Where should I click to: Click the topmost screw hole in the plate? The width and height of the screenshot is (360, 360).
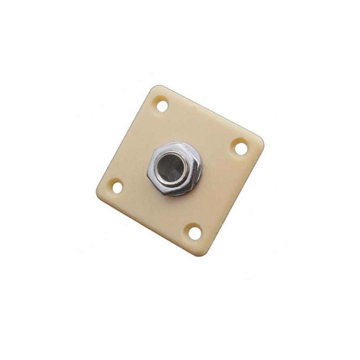(162, 106)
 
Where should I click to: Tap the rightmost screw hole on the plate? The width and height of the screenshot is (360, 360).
(241, 148)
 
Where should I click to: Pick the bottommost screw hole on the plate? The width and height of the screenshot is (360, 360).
(195, 233)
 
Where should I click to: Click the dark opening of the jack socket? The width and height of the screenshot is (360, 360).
(172, 167)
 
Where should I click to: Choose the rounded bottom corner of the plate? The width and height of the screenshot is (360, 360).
(201, 253)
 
